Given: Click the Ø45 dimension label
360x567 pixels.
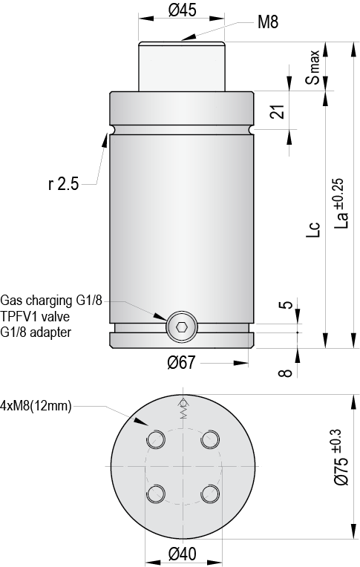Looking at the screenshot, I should click(182, 10).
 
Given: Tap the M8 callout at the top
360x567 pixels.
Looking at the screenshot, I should click(267, 22).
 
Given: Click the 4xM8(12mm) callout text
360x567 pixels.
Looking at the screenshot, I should click(36, 406).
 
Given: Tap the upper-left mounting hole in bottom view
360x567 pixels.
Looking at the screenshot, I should click(157, 439).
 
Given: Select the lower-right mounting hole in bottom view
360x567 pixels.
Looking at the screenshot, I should click(211, 494).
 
